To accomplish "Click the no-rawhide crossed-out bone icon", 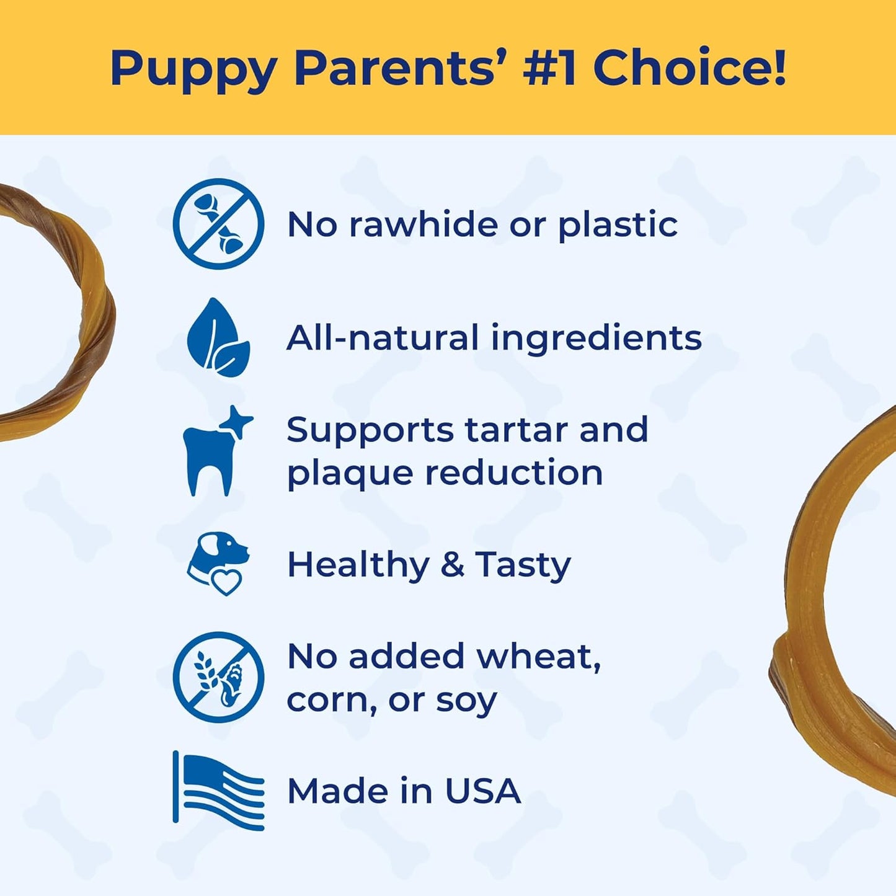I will pyautogui.click(x=218, y=224).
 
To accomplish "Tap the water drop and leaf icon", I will pyautogui.click(x=218, y=338).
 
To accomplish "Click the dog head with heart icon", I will pyautogui.click(x=218, y=564).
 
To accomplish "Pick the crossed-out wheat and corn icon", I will pyautogui.click(x=218, y=677).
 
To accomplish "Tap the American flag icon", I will pyautogui.click(x=218, y=791).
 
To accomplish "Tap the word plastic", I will pyautogui.click(x=618, y=226).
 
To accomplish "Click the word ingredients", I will pyautogui.click(x=596, y=339).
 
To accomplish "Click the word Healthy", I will pyautogui.click(x=358, y=565).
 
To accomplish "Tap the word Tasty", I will pyautogui.click(x=523, y=565).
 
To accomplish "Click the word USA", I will pyautogui.click(x=482, y=791).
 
